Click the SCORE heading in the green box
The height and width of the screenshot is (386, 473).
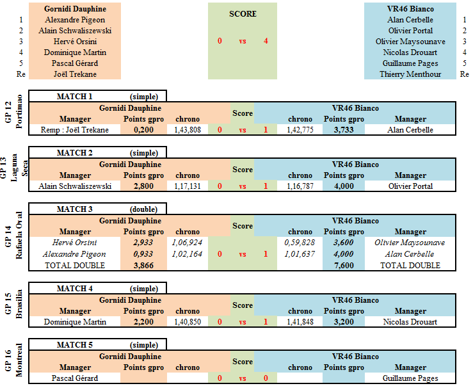click(243, 14)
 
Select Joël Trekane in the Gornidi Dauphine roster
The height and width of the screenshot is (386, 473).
click(75, 74)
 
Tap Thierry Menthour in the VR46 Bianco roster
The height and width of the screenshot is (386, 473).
click(410, 74)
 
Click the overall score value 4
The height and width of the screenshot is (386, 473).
click(266, 41)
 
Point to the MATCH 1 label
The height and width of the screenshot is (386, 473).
click(74, 96)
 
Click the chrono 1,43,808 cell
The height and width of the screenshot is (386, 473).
click(188, 130)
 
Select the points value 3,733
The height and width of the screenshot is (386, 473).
click(344, 130)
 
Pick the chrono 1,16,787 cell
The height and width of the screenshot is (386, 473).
click(300, 186)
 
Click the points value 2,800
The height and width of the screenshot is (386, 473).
click(143, 186)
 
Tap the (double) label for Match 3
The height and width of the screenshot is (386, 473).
click(144, 209)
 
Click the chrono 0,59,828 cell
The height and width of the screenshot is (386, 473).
click(300, 243)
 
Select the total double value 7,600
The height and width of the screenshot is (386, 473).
click(344, 266)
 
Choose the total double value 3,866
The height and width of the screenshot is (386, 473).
click(143, 266)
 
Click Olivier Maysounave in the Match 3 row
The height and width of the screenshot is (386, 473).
click(410, 243)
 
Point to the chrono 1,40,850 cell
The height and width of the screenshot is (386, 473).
click(188, 322)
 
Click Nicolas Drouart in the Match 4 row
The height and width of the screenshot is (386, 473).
click(410, 322)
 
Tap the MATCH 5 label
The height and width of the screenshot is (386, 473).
click(74, 344)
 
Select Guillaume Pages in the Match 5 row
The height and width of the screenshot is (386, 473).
click(410, 378)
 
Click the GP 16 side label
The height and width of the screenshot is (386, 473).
click(8, 360)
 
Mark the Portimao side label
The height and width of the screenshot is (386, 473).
click(19, 111)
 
